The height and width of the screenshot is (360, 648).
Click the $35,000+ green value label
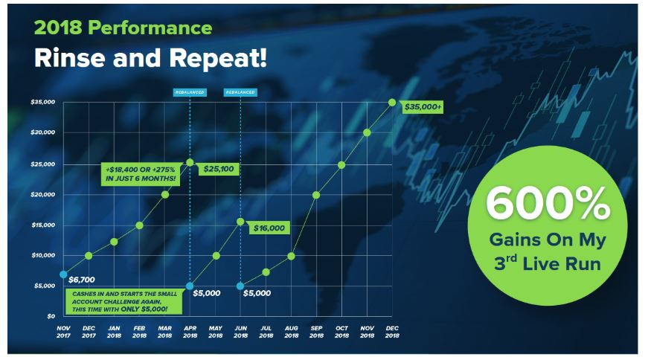click(423, 107)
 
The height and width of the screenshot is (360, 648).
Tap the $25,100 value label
click(218, 169)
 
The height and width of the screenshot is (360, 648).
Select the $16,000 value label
click(269, 228)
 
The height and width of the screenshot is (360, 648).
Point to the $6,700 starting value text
click(82, 280)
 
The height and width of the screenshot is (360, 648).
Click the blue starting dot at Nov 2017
click(63, 274)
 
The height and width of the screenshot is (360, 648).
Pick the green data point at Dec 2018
click(392, 103)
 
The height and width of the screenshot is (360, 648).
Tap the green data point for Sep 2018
click(316, 195)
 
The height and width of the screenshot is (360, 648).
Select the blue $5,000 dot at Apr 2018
click(190, 286)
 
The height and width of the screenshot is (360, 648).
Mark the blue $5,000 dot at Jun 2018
click(240, 286)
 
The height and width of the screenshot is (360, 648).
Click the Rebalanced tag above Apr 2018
click(190, 92)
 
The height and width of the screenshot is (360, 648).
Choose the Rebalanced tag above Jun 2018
click(240, 92)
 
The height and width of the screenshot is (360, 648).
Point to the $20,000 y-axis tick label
click(43, 195)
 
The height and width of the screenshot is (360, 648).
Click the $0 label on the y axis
click(51, 316)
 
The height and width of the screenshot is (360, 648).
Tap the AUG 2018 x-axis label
click(292, 332)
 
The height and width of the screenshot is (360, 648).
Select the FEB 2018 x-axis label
click(139, 332)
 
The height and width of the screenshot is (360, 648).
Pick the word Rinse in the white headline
click(69, 58)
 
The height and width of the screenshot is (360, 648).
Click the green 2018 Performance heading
click(123, 28)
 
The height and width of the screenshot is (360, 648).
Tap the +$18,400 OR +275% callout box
click(141, 174)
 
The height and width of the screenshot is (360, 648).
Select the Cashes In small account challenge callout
click(124, 301)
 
